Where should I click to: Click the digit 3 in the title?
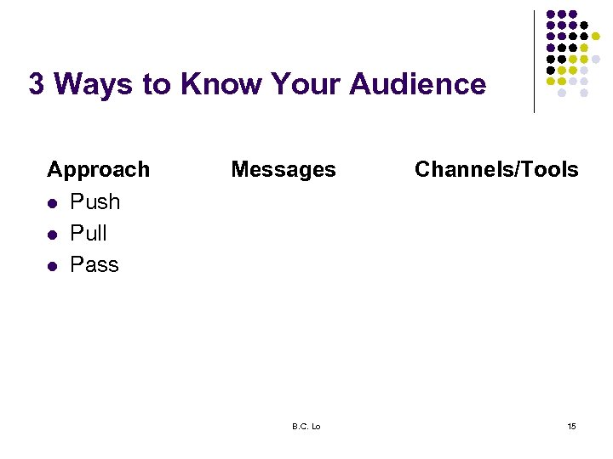click(36, 84)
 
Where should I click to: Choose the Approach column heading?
click(98, 170)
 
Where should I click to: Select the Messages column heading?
click(284, 170)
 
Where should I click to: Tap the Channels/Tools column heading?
click(496, 170)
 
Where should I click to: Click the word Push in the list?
click(95, 202)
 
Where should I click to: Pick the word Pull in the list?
click(89, 234)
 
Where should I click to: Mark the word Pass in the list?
click(95, 265)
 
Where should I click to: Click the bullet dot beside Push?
click(52, 203)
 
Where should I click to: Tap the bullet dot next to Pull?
click(52, 235)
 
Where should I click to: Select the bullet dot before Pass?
click(52, 266)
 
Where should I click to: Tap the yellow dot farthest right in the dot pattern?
click(596, 37)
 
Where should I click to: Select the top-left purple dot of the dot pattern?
click(551, 14)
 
